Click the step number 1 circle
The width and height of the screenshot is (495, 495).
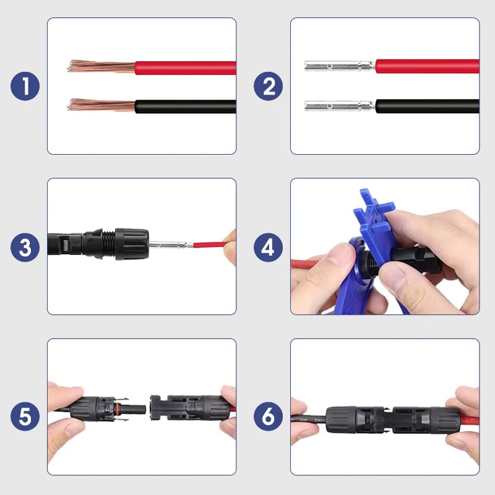[25, 87]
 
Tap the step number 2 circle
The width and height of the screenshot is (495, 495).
[268, 87]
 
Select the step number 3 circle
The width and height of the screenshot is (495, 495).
[25, 247]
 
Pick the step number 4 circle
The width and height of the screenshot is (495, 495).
[268, 247]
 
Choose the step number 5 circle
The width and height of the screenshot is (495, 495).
[25, 416]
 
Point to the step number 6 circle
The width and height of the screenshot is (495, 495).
[268, 416]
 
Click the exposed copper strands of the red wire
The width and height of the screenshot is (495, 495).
[99, 66]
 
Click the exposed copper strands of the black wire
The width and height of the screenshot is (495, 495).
[99, 105]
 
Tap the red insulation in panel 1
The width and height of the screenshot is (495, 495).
[186, 67]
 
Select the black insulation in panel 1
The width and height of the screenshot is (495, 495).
[186, 106]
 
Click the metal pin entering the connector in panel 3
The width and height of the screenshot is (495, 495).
[170, 246]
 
